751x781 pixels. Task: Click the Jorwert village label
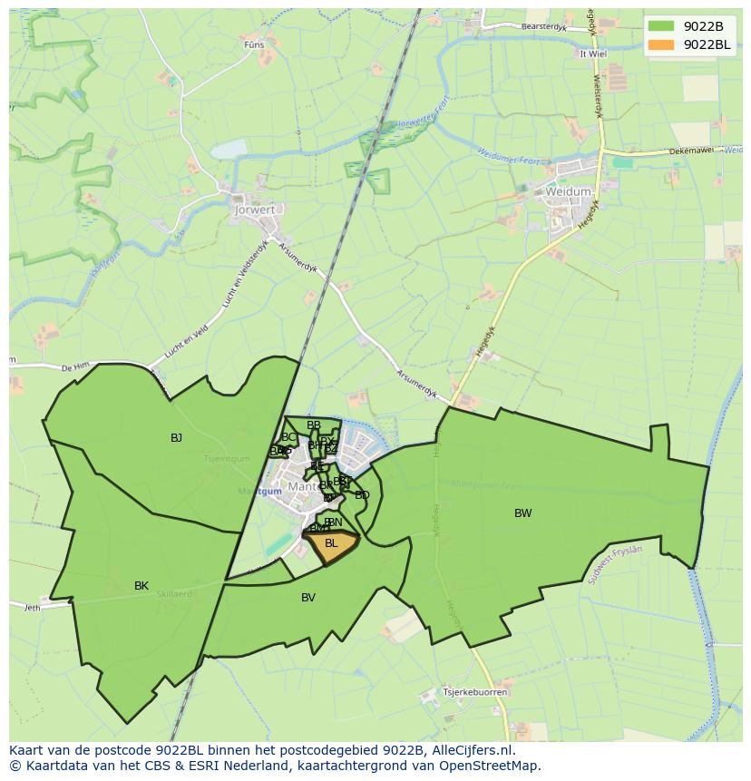coord(255,210)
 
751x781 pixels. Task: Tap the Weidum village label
coord(568,192)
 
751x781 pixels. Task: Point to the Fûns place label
coord(254,44)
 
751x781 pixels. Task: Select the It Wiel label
coord(592,54)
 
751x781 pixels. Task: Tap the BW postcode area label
coord(523,513)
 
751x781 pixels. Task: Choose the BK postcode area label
coord(141,586)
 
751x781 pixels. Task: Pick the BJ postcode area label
coord(176,438)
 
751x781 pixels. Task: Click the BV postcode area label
coord(308,598)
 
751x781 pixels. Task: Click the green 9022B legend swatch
coord(662,26)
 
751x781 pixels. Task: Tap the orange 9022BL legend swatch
coord(662,44)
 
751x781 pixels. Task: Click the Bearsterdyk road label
coord(544,27)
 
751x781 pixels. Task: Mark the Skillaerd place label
coord(173,594)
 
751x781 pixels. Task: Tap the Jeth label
coord(33,608)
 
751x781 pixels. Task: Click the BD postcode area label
coord(362,495)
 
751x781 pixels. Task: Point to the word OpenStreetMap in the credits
coord(491,766)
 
